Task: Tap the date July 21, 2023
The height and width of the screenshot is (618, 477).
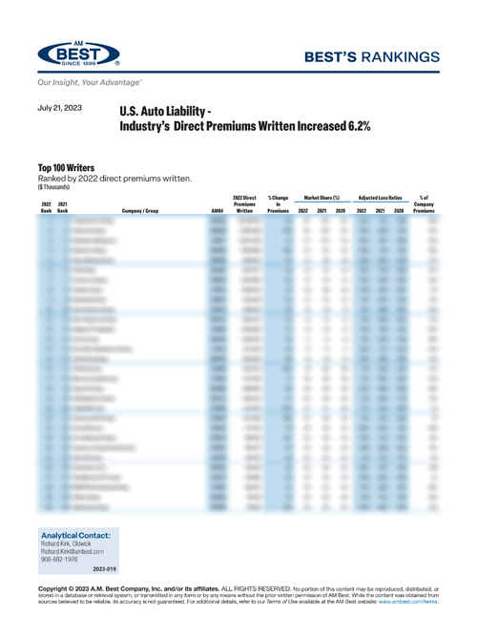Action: click(61, 109)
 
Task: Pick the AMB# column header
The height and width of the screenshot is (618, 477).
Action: click(218, 210)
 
